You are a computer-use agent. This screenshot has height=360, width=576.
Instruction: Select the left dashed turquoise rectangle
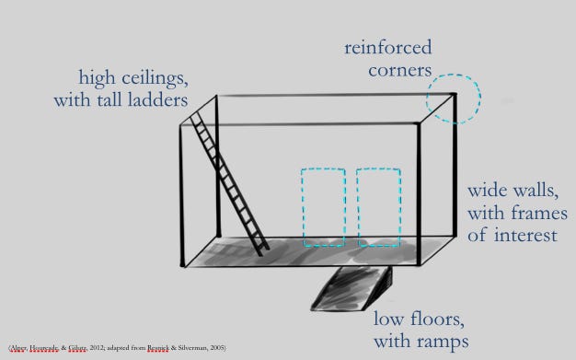[x=322, y=207]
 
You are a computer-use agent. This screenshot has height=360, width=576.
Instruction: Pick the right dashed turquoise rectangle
[x=378, y=207]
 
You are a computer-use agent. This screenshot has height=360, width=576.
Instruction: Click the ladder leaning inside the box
[x=231, y=183]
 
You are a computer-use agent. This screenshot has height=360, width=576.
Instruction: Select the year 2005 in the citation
[x=215, y=347]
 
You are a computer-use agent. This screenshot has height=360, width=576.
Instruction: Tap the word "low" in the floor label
[x=387, y=320]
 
